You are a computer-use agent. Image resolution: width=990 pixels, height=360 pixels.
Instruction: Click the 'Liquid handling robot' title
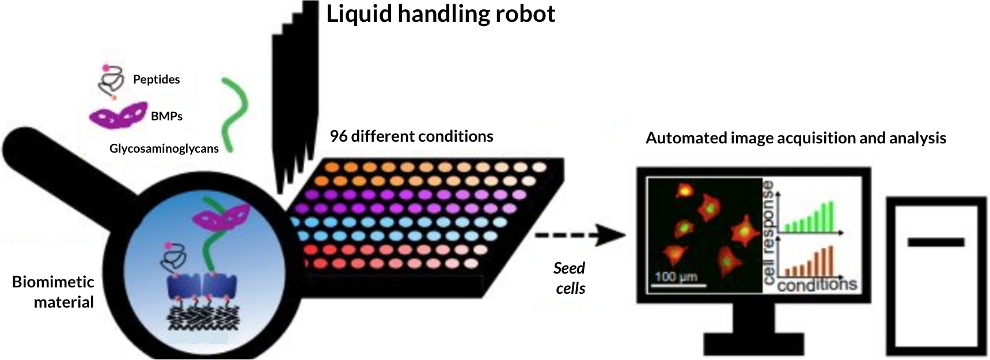pos(441,14)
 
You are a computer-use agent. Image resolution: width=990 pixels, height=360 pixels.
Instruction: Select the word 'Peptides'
pos(156,79)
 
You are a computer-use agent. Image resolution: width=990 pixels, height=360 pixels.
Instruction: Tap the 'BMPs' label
pos(166,116)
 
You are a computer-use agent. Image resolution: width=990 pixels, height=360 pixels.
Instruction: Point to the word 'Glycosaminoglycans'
pos(164,149)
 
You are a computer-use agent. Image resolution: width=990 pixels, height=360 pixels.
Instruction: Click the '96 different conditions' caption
pos(411,137)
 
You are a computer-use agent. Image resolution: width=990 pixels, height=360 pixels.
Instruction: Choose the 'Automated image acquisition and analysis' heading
pos(795,138)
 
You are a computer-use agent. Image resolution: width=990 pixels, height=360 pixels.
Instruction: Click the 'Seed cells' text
pos(570,278)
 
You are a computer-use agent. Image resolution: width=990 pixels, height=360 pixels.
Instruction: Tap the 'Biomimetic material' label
pos(54,292)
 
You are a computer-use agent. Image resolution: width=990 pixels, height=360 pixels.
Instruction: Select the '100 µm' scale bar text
pos(676,276)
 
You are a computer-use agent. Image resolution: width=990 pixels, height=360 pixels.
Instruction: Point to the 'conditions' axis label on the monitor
pos(817,285)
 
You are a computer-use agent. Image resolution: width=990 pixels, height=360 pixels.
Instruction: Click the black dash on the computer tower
pos(935,242)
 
